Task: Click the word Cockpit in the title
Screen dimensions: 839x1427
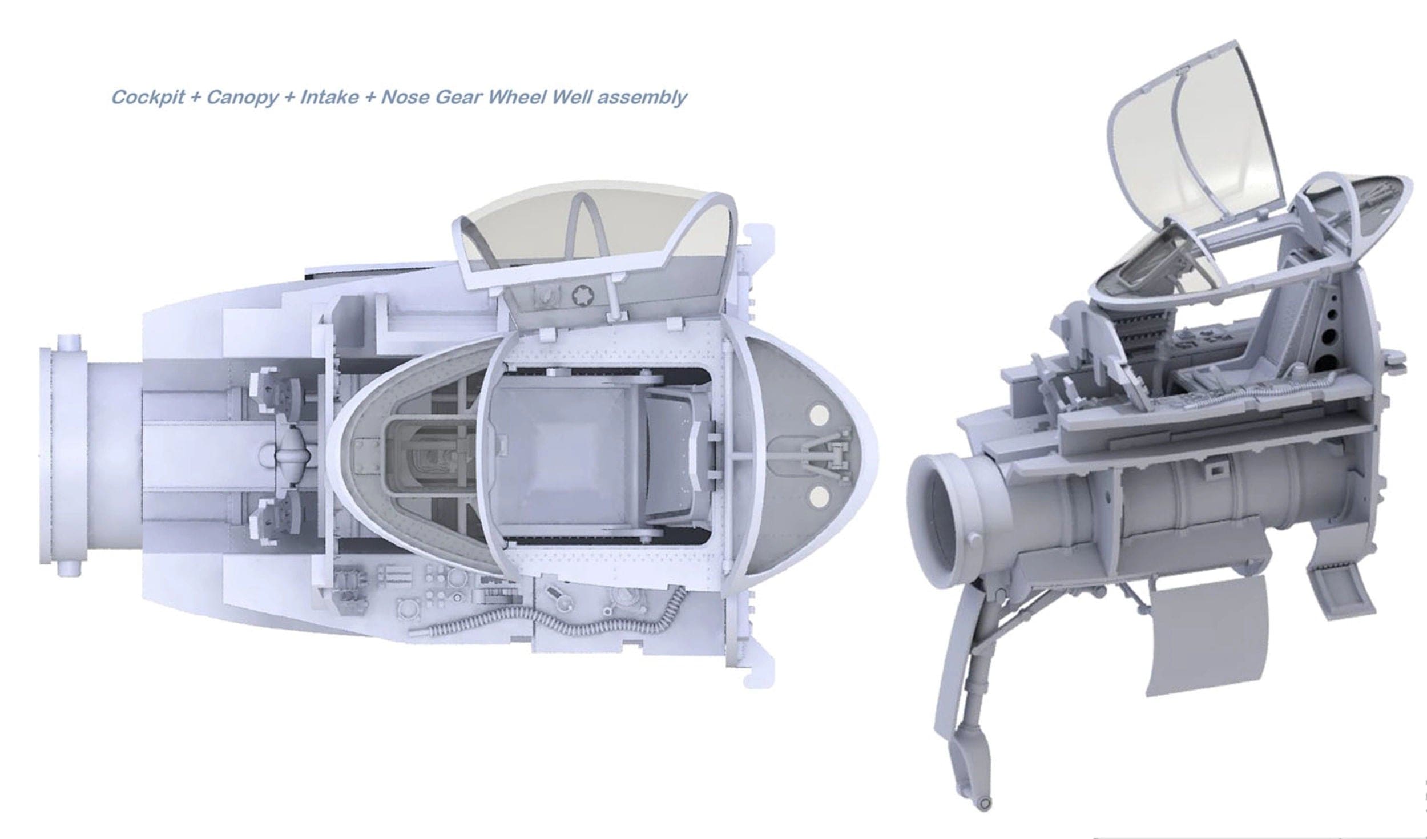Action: (147, 98)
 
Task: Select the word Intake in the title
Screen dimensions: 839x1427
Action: (329, 98)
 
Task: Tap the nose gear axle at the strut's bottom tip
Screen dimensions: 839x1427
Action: (983, 820)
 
